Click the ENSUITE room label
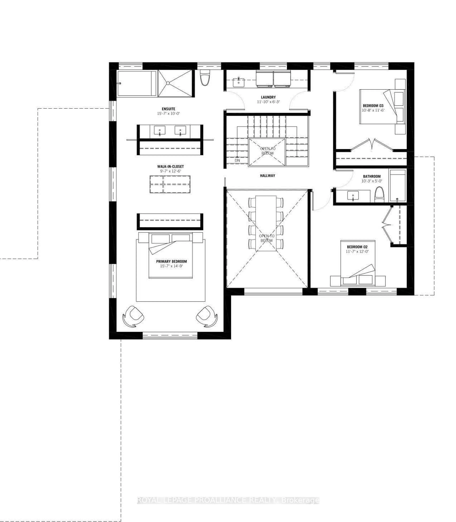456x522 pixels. (x=169, y=109)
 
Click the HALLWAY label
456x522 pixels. (x=267, y=176)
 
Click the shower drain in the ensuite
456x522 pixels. (x=168, y=83)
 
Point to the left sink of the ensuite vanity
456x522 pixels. (x=160, y=130)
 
